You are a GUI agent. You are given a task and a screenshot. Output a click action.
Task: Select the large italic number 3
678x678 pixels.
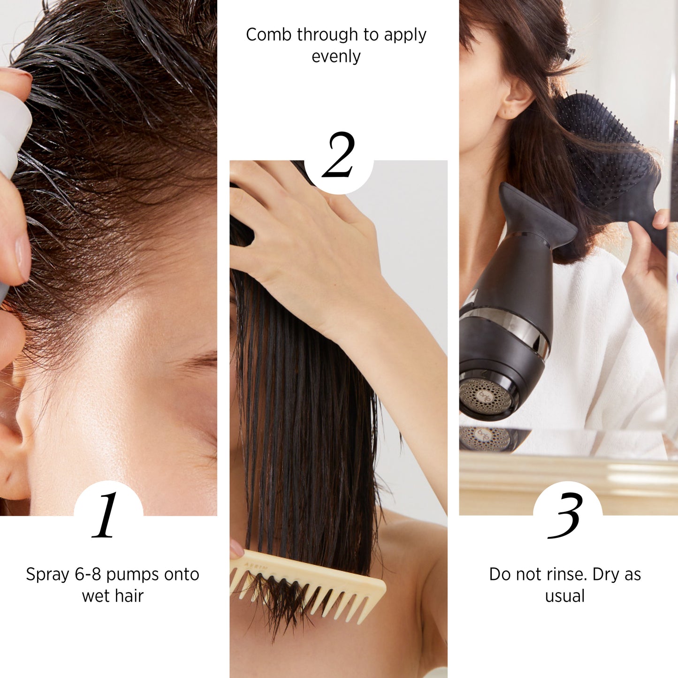coord(564,516)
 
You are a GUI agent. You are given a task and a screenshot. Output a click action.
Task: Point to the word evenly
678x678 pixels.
coord(336,57)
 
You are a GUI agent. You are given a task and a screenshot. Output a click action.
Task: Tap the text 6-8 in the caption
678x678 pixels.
coord(88,574)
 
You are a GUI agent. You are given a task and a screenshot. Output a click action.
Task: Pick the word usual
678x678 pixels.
coord(565,596)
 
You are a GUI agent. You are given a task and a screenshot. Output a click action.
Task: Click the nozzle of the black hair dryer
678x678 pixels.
coord(538,214)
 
